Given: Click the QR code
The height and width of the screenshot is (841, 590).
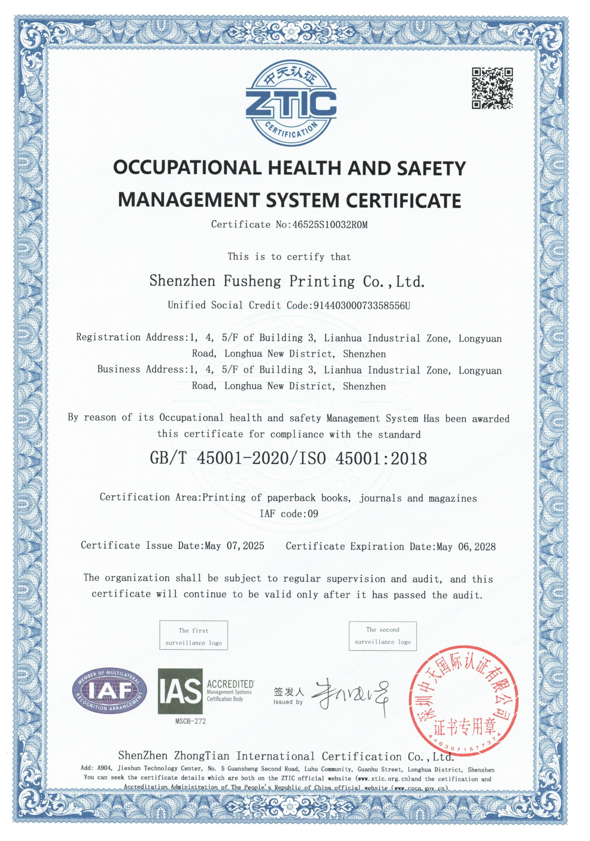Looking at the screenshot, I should click(492, 88).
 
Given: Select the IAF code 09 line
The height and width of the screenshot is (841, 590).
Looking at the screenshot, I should click(289, 514).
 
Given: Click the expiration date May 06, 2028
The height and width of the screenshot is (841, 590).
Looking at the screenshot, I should click(466, 546).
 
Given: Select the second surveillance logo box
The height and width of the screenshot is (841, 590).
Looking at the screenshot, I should click(382, 636).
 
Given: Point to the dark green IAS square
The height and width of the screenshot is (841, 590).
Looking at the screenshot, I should click(180, 691).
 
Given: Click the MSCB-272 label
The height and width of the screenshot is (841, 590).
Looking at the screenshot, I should click(190, 721).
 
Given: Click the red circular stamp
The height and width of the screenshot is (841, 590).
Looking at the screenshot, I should click(464, 700).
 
